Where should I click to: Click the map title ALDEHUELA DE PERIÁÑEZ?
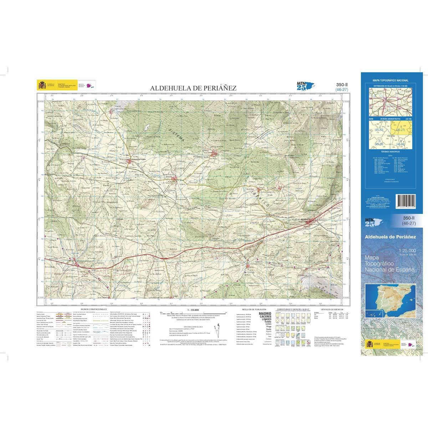pyautogui.click(x=193, y=88)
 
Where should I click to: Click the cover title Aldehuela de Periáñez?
pyautogui.click(x=390, y=236)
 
